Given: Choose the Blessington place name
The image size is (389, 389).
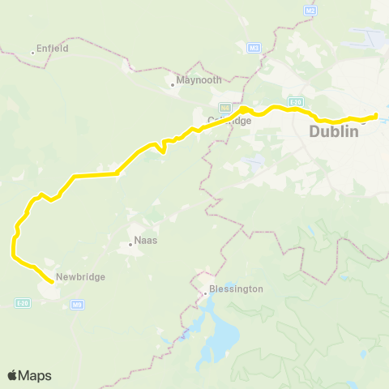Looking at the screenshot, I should coord(236,289).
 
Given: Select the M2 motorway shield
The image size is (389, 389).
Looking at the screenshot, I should coord(310,10).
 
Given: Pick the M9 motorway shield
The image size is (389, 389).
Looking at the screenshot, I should coord(77,305).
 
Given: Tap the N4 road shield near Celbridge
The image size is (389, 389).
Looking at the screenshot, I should coord(225,107).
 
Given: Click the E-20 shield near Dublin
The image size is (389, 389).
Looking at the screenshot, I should coord(297,102).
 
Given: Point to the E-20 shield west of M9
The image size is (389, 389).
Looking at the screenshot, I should coord(23,302).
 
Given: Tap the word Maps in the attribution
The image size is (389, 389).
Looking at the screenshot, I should coord(36,375).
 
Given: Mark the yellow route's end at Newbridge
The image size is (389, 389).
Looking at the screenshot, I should coord(53,281).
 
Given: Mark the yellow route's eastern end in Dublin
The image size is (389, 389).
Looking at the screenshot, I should coord(376,115).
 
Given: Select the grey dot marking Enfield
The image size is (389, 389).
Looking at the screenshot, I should coord(32,53).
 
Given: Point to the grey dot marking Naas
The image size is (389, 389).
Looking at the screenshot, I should coord(130,243).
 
